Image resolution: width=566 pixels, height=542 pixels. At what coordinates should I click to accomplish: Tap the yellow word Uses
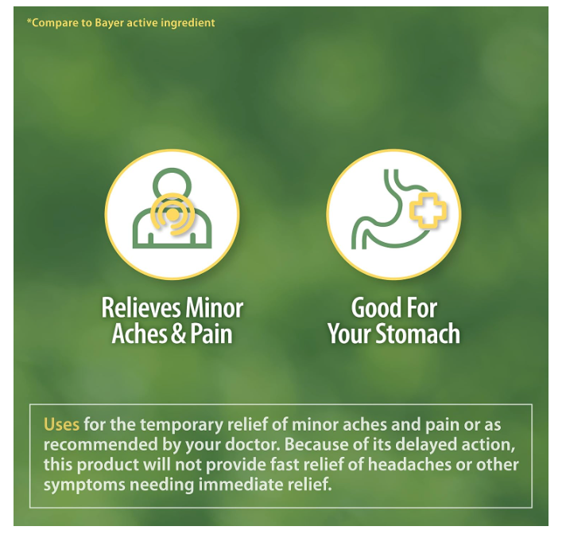point(61,424)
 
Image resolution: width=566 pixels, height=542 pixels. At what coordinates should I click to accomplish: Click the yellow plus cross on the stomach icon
point(428,210)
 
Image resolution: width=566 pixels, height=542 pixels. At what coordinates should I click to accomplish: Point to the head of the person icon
point(172,182)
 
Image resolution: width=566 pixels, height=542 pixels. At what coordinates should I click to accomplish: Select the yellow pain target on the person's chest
point(173,214)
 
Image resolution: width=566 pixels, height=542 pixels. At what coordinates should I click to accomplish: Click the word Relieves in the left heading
point(141,308)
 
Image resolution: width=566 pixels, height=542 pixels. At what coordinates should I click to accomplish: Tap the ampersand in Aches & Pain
point(178,333)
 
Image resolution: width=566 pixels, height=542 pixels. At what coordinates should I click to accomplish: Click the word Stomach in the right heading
point(417,333)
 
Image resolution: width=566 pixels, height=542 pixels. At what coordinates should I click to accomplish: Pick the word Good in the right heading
point(371,308)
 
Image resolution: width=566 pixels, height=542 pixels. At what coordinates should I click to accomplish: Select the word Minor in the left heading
point(214,308)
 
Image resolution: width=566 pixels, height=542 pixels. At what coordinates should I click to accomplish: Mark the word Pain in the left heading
point(211,333)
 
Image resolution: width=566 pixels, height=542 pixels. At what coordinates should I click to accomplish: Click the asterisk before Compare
point(29,21)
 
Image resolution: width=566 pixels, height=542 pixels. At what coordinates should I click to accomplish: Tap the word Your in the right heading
point(350,333)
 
